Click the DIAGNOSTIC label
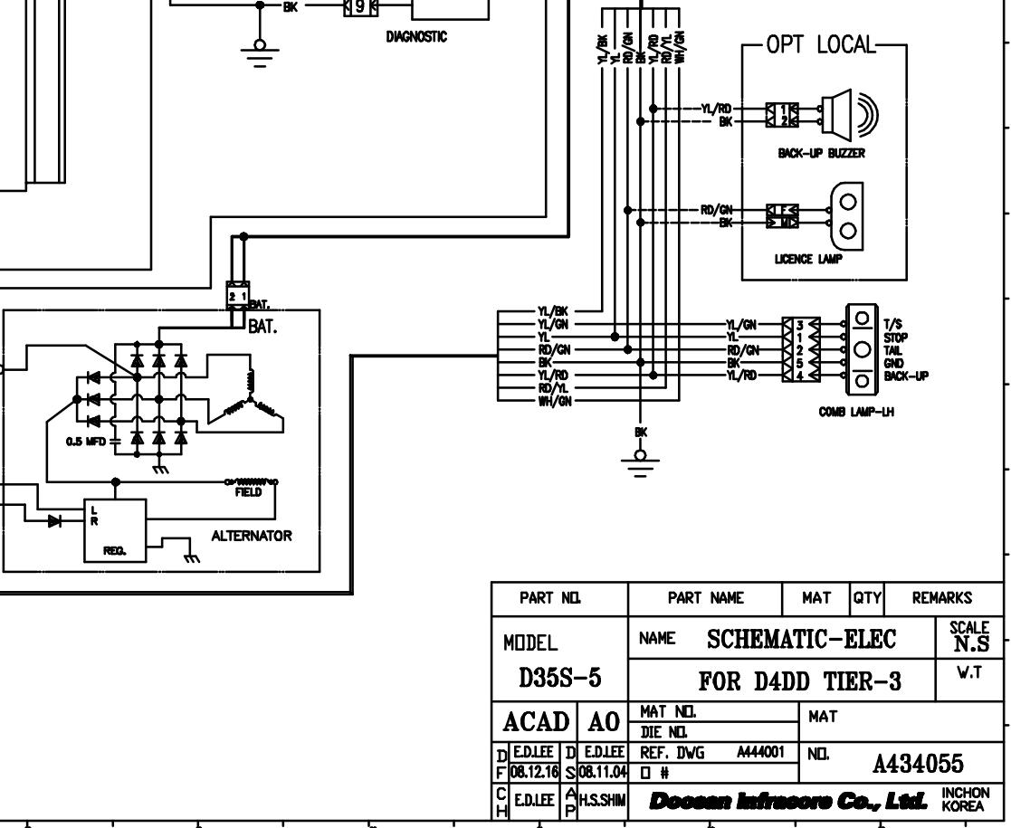click(x=416, y=37)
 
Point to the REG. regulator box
click(x=115, y=529)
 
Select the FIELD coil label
click(x=247, y=492)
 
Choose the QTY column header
click(x=867, y=597)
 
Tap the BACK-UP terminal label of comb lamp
click(x=906, y=376)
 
